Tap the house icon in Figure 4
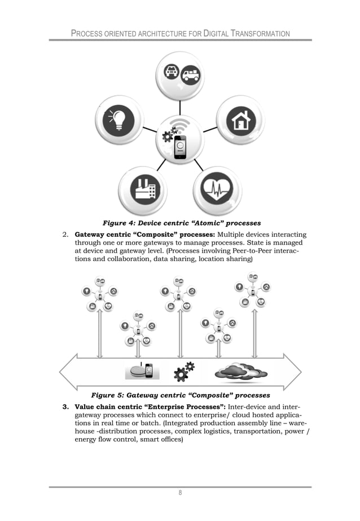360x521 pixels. pos(241,120)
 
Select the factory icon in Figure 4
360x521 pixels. pos(142,191)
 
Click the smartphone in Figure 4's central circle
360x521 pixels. pos(180,147)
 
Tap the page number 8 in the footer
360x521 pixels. pos(180,493)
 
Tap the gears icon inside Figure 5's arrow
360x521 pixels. pos(183,372)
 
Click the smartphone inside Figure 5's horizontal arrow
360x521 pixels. pos(149,370)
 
